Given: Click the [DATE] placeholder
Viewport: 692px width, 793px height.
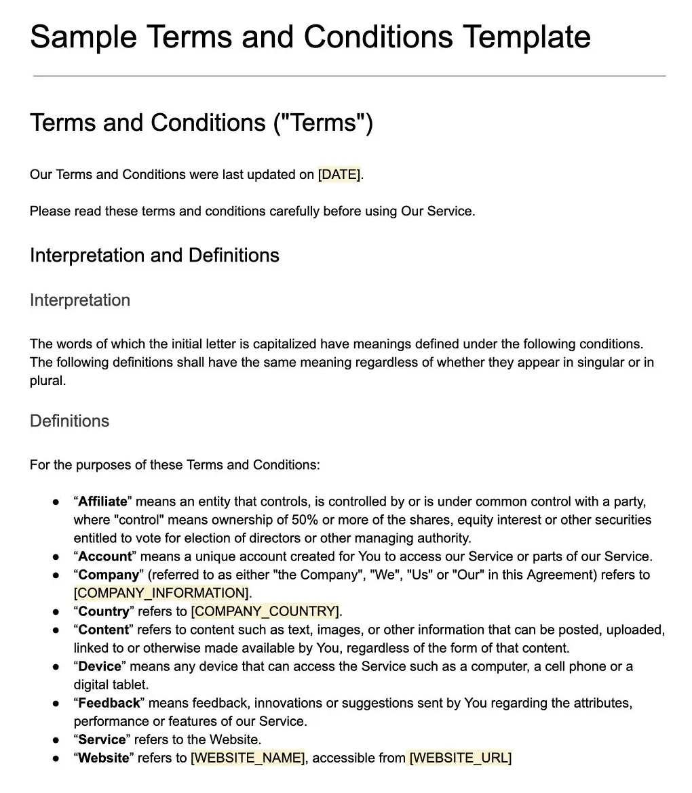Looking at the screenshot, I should click(339, 175).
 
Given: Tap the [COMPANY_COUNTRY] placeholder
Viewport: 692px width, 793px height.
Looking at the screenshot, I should click(265, 611).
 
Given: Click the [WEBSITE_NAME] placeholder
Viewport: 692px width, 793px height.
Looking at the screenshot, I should click(248, 758).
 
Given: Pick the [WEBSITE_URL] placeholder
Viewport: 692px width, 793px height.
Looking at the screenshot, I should click(460, 758).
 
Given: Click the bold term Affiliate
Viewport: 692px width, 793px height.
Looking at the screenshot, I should click(102, 502).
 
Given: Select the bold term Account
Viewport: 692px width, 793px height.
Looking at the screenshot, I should click(104, 556).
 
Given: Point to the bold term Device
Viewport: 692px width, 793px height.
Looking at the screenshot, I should click(99, 666).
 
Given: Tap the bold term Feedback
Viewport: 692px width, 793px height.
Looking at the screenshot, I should click(109, 703).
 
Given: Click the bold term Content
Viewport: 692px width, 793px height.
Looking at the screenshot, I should click(103, 630).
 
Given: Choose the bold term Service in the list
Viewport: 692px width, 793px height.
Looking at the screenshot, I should click(102, 739).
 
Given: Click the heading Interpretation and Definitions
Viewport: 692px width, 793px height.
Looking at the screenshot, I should click(155, 256).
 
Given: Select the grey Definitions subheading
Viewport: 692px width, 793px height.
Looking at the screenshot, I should click(69, 421).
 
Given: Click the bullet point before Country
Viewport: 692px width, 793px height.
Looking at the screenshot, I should click(56, 612).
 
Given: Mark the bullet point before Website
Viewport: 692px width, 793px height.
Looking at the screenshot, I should click(56, 758).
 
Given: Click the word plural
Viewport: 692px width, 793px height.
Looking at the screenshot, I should click(47, 380).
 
